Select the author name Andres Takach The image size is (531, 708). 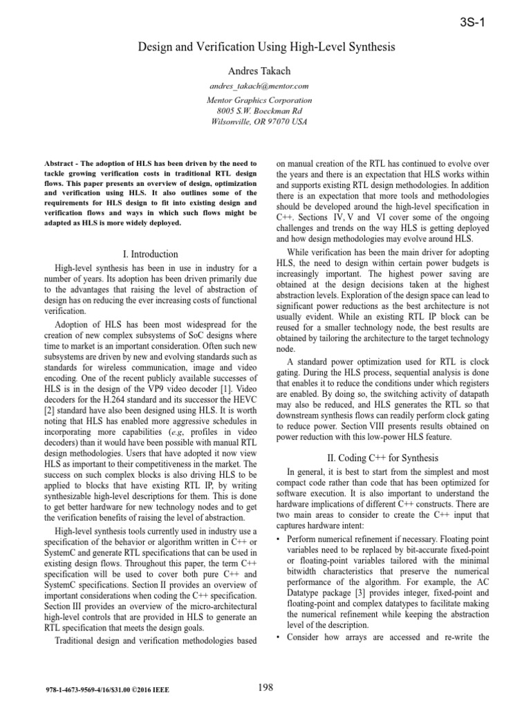259,72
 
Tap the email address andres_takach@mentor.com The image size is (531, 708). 259,86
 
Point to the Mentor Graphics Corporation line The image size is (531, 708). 259,100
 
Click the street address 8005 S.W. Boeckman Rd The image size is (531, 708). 259,111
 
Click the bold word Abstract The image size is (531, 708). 57,164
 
